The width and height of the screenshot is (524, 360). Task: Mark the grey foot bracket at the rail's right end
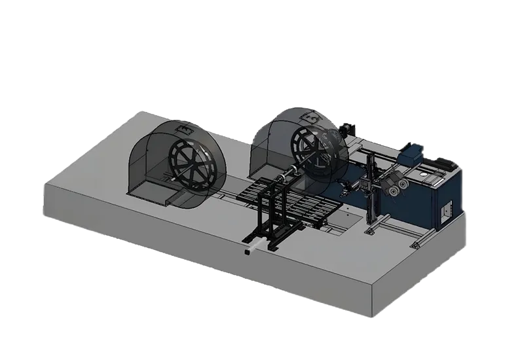click(x=415, y=245)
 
